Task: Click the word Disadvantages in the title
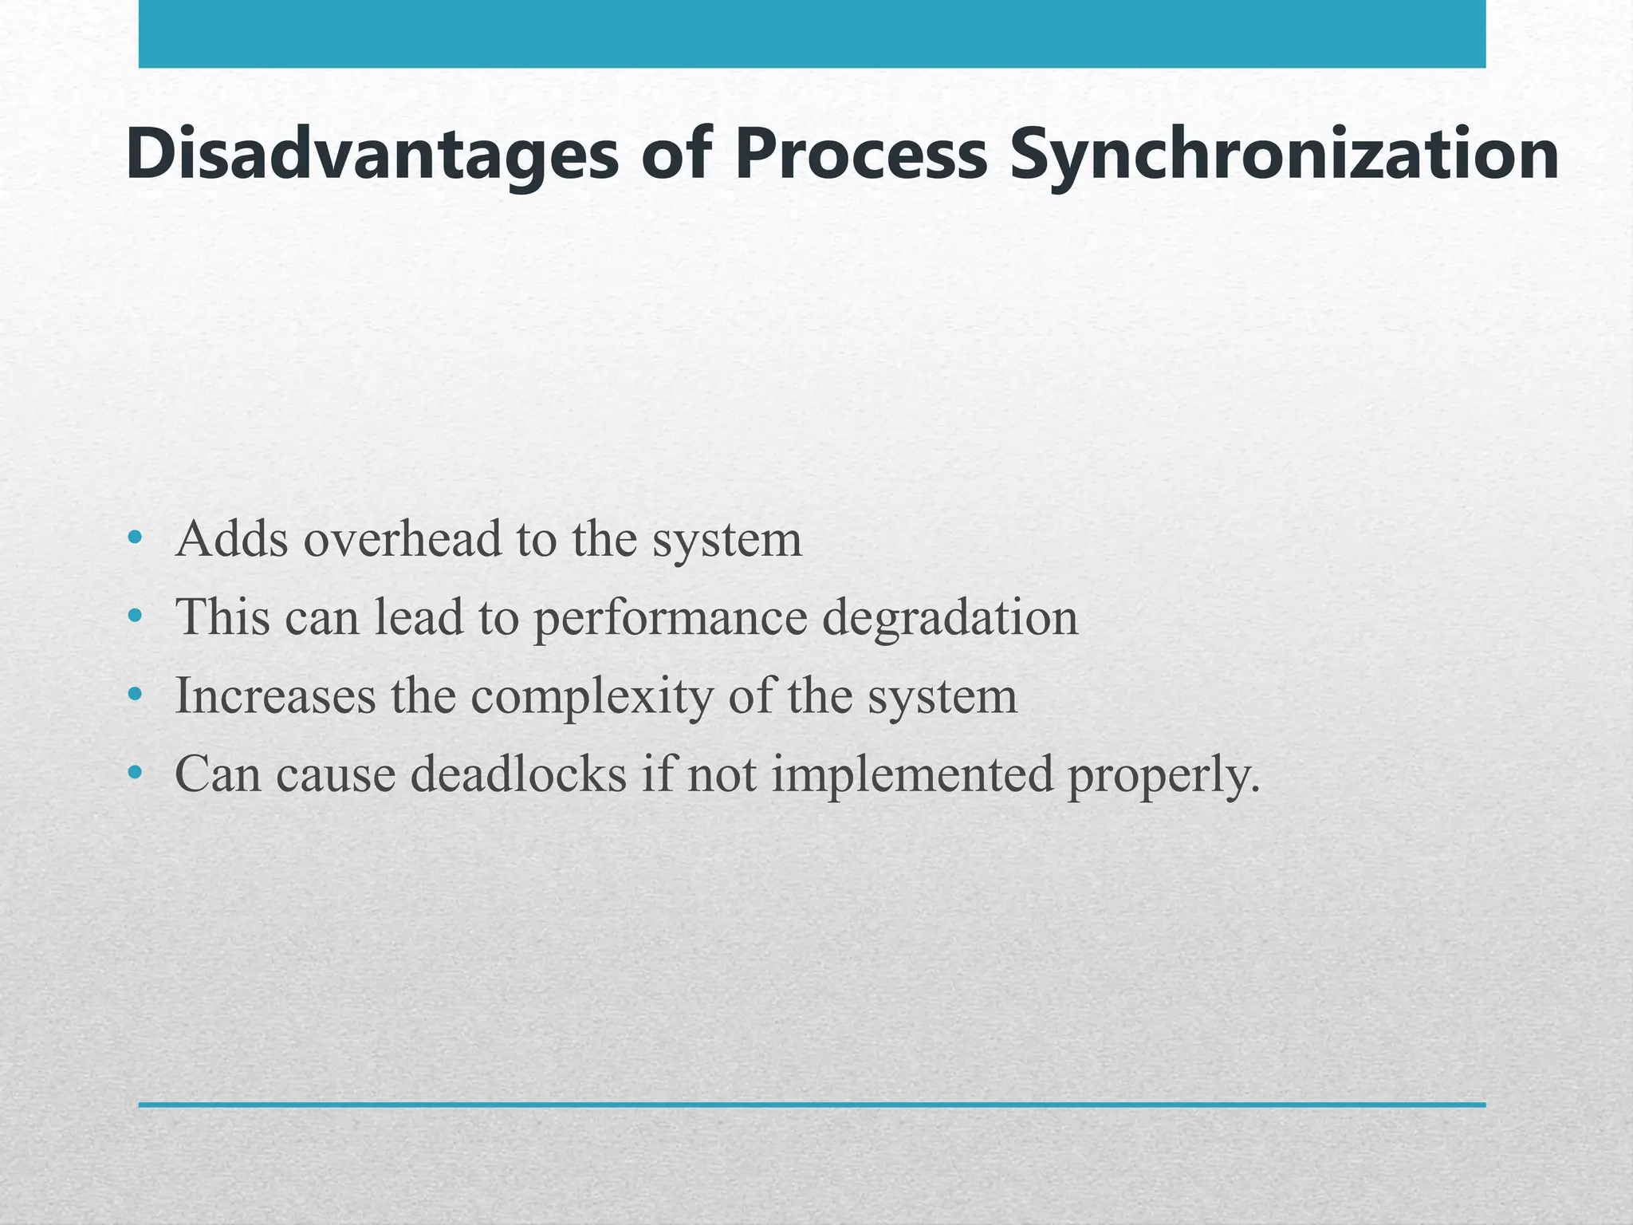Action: click(x=372, y=156)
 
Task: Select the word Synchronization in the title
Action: click(x=1284, y=156)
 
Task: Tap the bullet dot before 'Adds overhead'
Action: click(x=135, y=538)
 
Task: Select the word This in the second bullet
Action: click(x=222, y=616)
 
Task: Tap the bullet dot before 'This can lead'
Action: click(x=135, y=616)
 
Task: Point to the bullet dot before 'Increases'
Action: click(x=135, y=695)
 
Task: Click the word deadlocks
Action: click(x=519, y=774)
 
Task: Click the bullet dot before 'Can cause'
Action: click(x=135, y=773)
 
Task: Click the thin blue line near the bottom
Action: click(x=812, y=1105)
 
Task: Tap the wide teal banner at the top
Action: click(x=812, y=33)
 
